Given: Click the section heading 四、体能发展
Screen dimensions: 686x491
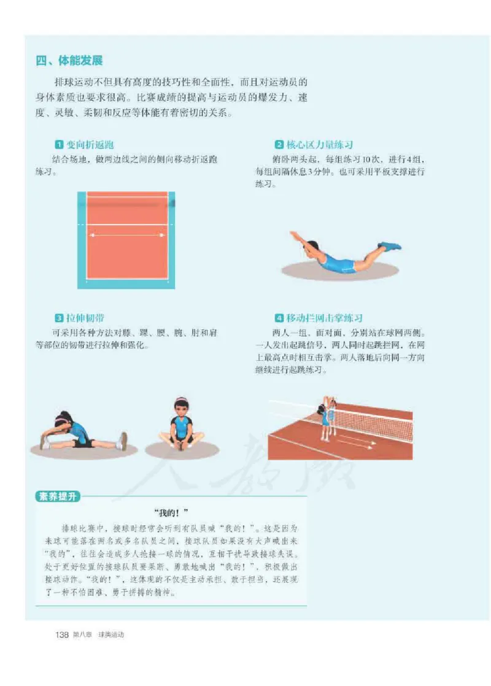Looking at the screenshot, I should tap(69, 61).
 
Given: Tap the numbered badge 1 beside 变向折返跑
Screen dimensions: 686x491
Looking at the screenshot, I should tap(60, 145).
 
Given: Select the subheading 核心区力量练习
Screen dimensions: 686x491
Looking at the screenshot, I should tap(319, 145).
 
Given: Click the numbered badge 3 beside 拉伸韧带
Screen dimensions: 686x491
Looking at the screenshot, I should tap(60, 318).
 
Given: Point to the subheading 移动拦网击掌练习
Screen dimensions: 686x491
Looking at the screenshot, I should tap(324, 318).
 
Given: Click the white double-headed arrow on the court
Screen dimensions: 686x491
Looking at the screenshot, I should tap(126, 234).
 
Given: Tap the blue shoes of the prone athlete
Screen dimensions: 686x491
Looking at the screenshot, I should tap(390, 246).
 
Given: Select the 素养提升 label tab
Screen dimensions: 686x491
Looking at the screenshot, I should tap(58, 496).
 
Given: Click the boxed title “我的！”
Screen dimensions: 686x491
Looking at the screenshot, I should tap(171, 512).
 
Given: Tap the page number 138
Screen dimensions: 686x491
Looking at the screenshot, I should tap(61, 634).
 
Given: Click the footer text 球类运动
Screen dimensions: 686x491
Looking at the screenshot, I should tap(111, 634).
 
